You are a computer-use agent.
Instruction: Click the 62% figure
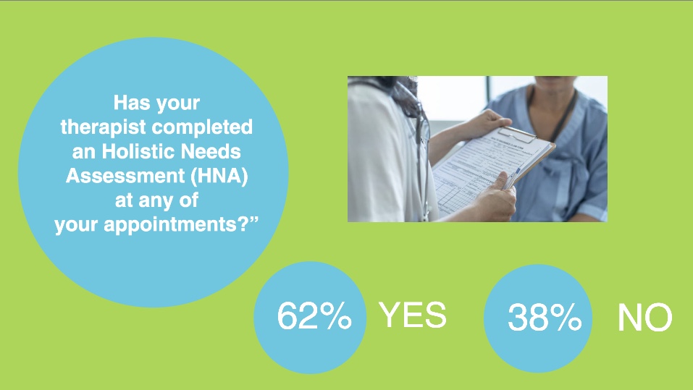click(315, 317)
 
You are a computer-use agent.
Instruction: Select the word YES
click(413, 315)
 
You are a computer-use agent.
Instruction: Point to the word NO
click(644, 318)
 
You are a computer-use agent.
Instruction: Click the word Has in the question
click(131, 103)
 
